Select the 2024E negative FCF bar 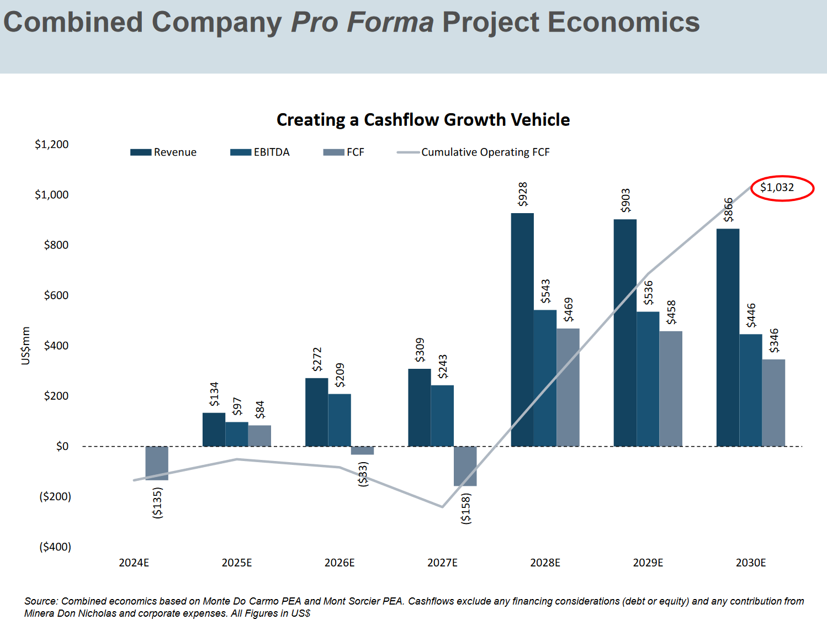coord(157,463)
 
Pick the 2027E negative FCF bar coord(465,466)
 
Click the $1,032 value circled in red coord(777,188)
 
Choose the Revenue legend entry coord(164,152)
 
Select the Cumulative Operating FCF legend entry coord(474,152)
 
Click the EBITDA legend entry coord(260,152)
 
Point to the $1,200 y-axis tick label coord(52,145)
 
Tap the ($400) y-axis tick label coord(55,547)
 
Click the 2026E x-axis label coord(340,563)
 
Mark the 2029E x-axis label coord(648,563)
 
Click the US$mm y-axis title coord(25,346)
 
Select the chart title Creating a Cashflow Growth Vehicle coord(423,120)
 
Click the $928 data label coord(522,194)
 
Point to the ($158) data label coord(466,509)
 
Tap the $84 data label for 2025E coord(259,410)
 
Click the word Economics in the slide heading coord(624,23)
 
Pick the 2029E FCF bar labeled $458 coord(671,389)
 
